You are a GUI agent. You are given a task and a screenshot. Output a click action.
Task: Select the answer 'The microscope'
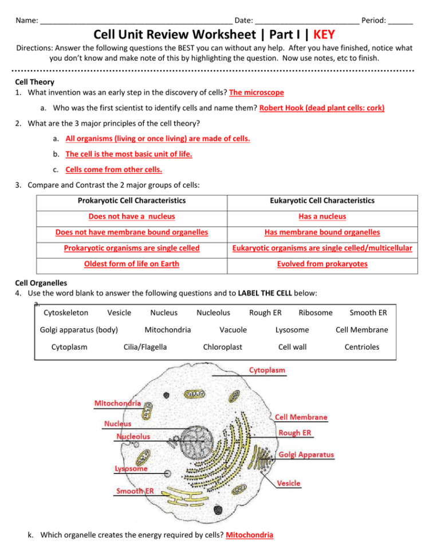256,92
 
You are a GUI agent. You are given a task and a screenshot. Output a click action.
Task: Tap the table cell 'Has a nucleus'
322,217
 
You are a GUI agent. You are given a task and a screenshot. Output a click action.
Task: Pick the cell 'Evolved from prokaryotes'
322,264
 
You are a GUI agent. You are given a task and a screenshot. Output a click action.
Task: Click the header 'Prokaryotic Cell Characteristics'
132,201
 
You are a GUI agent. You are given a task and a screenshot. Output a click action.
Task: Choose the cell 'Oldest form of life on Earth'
132,264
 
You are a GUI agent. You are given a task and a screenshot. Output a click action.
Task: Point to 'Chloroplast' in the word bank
223,347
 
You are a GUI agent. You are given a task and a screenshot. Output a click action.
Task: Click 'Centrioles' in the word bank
361,347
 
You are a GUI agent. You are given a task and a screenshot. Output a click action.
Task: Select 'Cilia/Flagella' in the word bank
145,347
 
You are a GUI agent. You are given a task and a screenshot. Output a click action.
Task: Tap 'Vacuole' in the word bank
233,330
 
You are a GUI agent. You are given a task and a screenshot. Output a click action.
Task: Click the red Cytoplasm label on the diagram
267,370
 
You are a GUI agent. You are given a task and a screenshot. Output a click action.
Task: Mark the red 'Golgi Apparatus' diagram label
306,455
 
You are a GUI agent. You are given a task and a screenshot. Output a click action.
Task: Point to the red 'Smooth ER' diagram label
135,491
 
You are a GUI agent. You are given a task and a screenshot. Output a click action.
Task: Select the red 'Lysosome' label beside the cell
131,469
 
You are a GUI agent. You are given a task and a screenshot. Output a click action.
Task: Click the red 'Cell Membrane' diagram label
302,417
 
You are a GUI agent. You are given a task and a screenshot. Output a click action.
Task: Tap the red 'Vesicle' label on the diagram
289,483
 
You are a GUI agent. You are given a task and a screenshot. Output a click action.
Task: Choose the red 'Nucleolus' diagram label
133,436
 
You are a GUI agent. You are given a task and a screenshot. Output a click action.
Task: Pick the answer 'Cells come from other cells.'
114,170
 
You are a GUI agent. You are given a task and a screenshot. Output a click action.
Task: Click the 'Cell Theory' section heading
35,82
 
